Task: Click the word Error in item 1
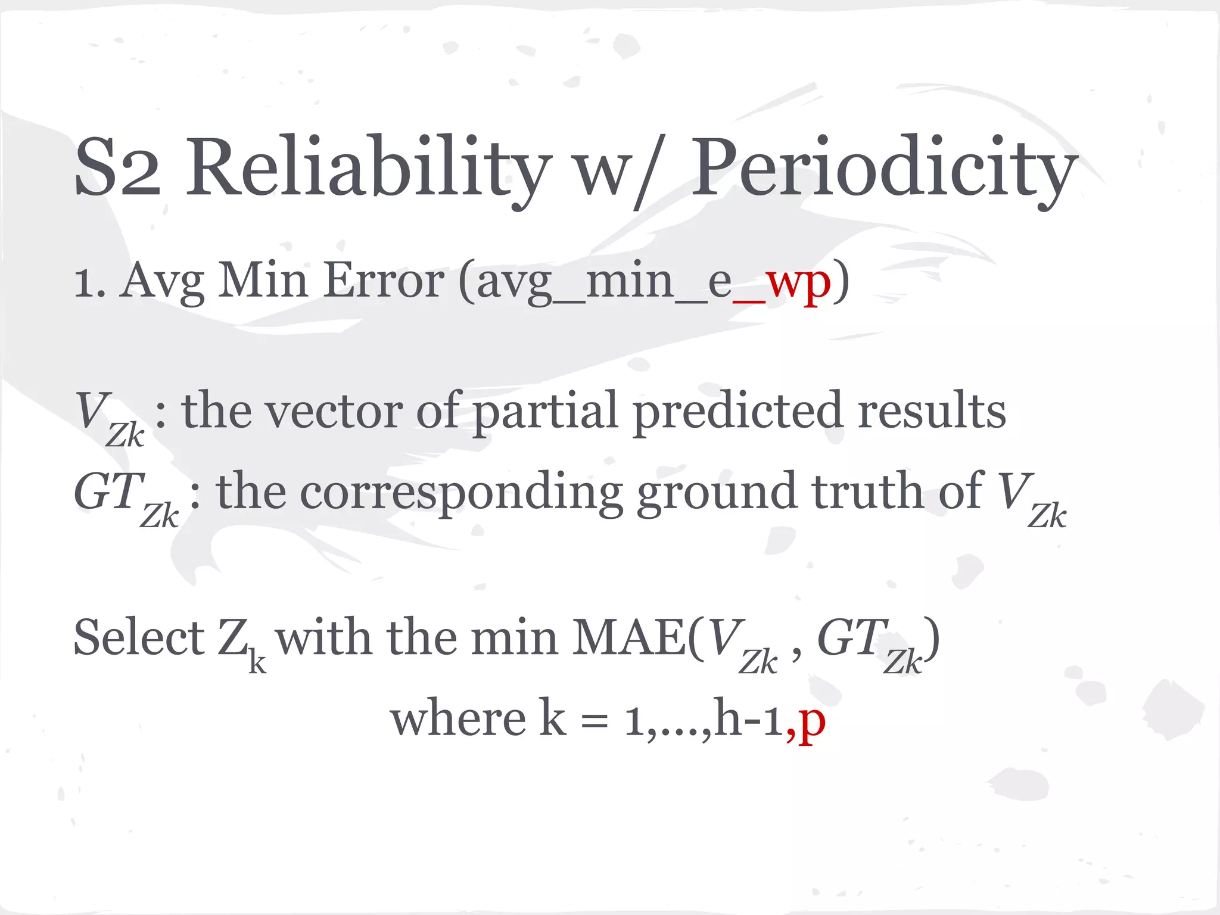coord(384,280)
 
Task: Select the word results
coord(932,411)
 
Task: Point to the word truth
coord(867,491)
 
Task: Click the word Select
coord(139,637)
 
